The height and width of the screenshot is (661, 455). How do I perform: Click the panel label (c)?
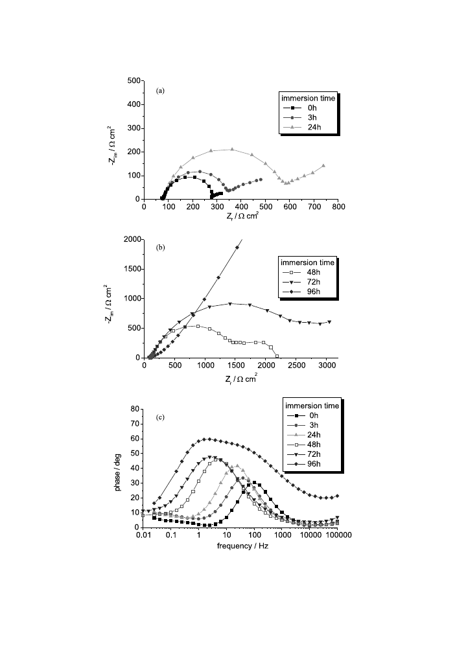159,417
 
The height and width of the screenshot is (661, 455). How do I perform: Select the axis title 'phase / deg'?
119,468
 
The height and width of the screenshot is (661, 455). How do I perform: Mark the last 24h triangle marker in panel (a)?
323,165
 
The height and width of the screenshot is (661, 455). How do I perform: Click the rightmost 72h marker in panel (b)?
329,321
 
